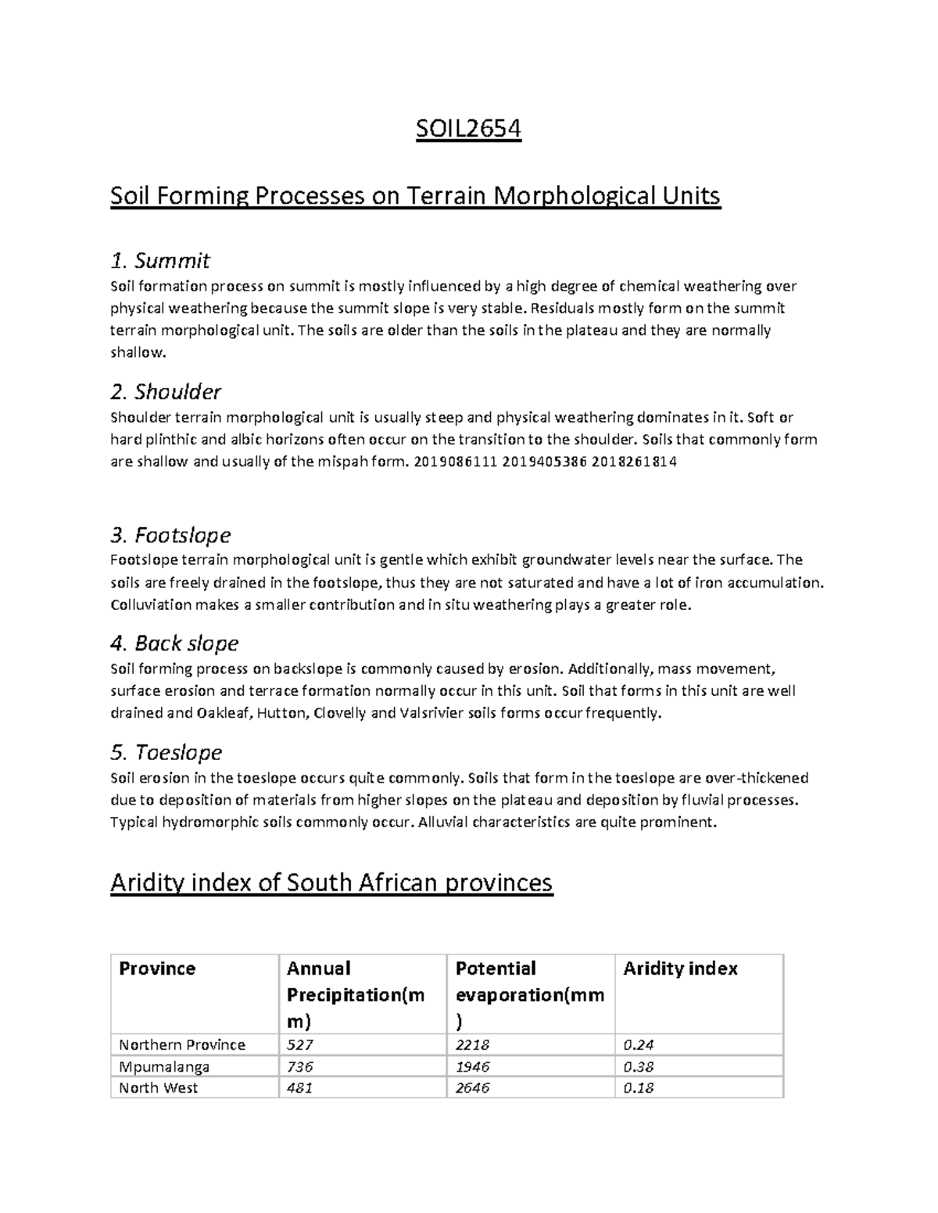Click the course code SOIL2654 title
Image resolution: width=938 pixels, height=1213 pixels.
(467, 128)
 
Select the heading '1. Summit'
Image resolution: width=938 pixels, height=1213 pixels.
(160, 260)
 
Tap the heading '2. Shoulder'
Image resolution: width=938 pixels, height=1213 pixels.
(166, 391)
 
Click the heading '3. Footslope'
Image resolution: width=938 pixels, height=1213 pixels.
(170, 535)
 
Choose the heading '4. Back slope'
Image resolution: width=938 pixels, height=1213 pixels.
(174, 643)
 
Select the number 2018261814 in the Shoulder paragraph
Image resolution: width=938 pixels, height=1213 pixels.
(634, 462)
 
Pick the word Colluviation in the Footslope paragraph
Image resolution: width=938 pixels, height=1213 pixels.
(151, 605)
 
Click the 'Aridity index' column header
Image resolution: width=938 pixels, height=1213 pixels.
(680, 969)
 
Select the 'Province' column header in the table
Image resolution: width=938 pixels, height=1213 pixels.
(156, 969)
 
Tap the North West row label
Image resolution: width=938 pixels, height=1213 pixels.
(158, 1087)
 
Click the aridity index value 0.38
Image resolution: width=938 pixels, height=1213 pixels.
(639, 1066)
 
